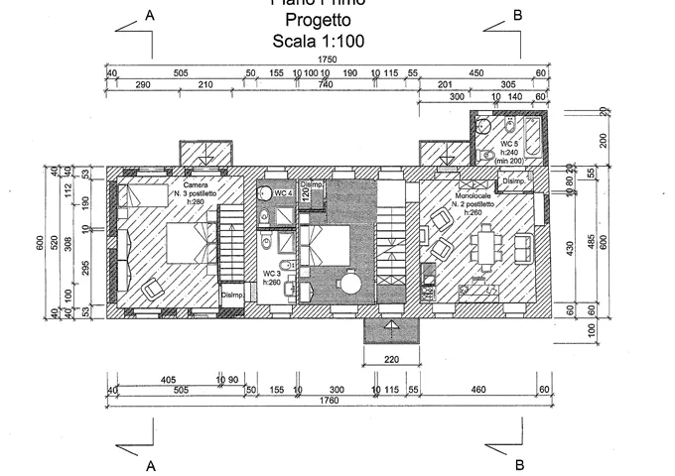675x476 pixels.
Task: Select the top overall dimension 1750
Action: pos(328,60)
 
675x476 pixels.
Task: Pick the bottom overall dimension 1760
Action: pos(328,401)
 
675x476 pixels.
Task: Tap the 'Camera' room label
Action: pos(196,184)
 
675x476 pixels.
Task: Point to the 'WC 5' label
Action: pos(509,144)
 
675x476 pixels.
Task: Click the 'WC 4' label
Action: pos(282,192)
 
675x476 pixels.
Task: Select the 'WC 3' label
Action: pos(271,273)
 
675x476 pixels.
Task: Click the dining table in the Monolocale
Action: pos(487,245)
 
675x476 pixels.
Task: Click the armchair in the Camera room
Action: pos(153,289)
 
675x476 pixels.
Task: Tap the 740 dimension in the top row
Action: pos(326,85)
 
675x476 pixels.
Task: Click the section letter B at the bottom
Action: pos(518,464)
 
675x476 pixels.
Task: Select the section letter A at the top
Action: pos(150,15)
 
